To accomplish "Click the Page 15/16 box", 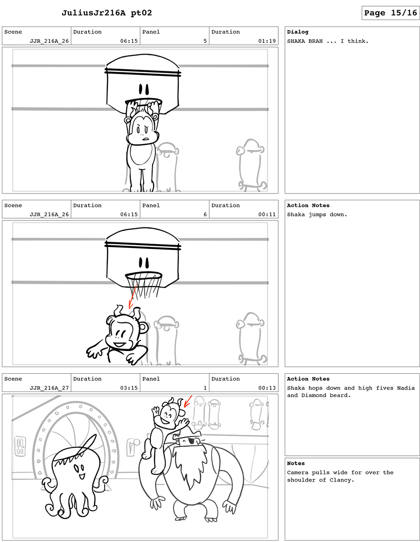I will [390, 13].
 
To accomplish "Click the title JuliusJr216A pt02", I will [106, 13].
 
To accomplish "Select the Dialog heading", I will [297, 32].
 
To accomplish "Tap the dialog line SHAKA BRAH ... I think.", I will [328, 41].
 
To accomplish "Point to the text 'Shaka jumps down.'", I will [317, 214].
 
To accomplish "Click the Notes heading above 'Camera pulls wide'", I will [296, 463].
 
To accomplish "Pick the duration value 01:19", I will [267, 41].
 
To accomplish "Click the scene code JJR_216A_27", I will [49, 388].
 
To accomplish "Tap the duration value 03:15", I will [129, 388].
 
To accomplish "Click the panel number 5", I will [205, 41].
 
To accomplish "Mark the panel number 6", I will [205, 214].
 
